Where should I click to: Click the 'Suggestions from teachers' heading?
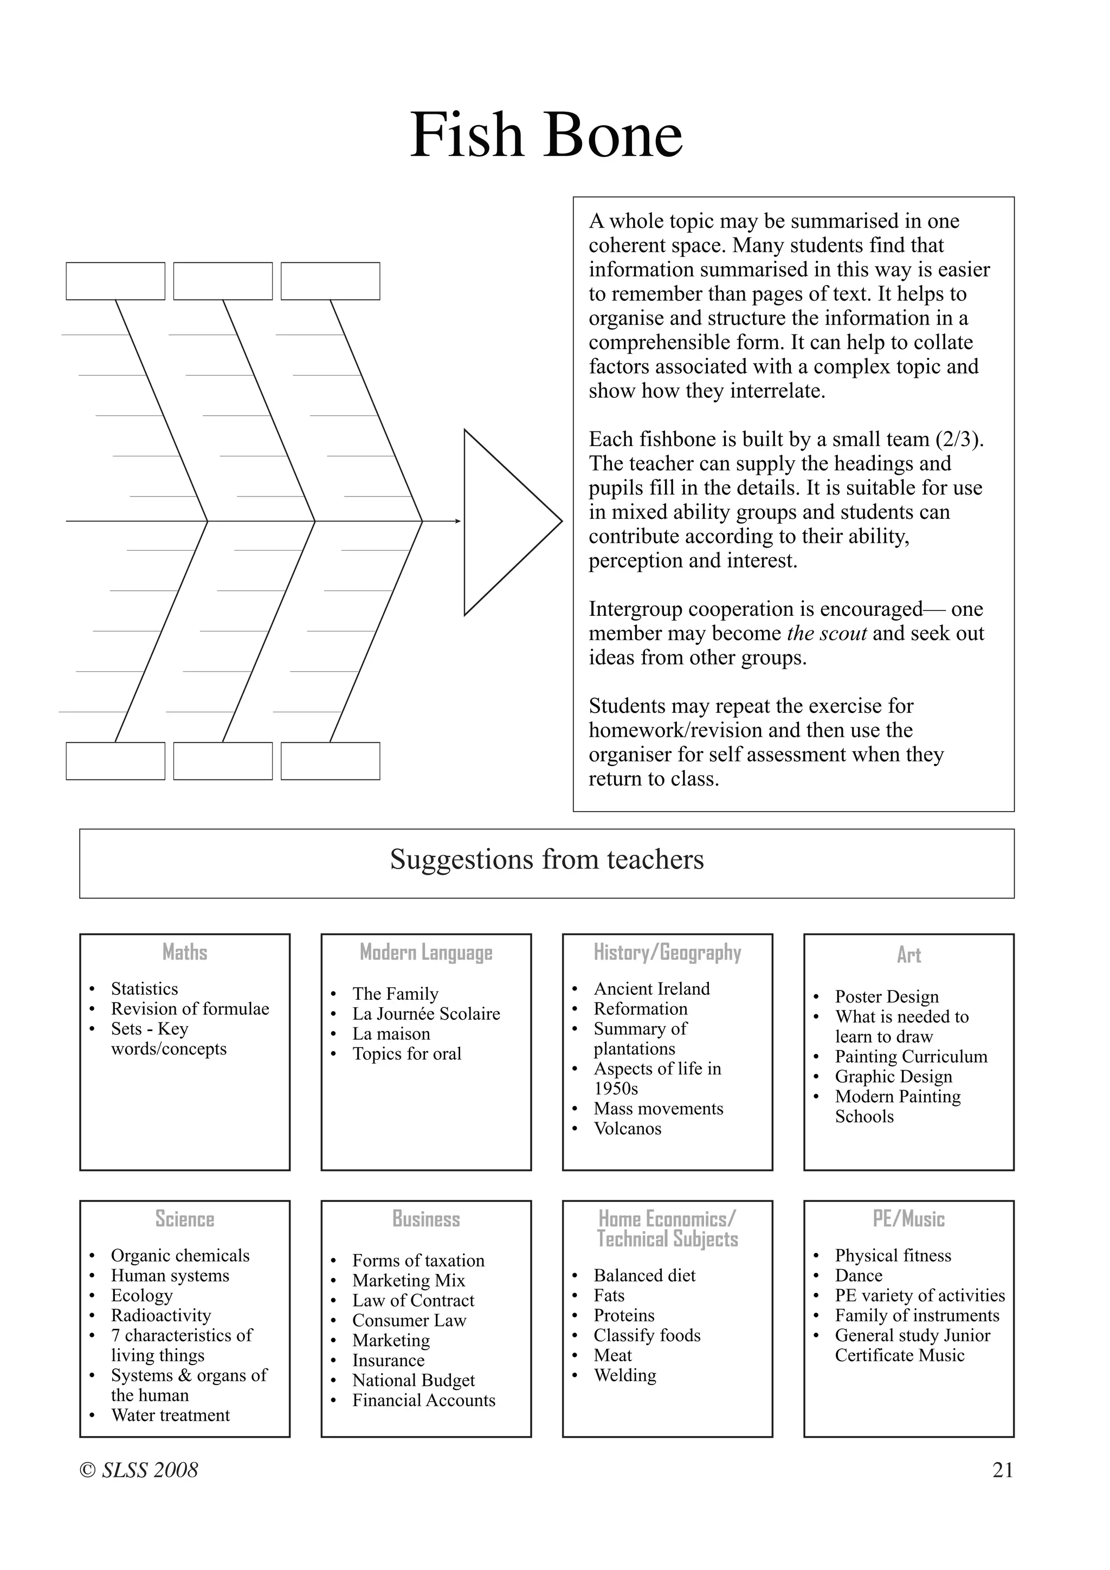coord(546,859)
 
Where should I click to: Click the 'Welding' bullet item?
coord(625,1375)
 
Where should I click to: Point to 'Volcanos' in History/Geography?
coord(628,1128)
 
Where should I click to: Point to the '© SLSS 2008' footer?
coord(139,1470)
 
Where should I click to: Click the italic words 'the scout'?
coord(827,633)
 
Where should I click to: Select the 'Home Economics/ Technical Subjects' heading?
coord(667,1229)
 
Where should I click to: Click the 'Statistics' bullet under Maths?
coord(144,989)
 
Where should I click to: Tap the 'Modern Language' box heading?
coord(426,953)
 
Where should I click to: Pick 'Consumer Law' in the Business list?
coord(409,1321)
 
